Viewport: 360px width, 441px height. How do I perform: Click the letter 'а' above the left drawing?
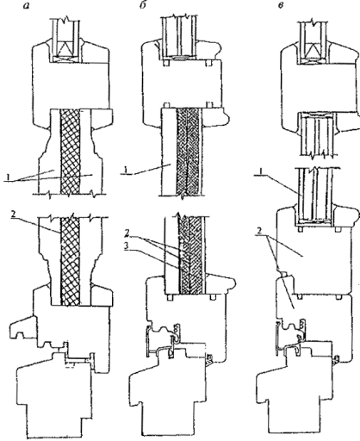[x=27, y=6]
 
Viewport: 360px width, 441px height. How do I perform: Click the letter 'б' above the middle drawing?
[x=142, y=5]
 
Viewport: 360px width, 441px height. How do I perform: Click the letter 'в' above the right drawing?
[x=281, y=6]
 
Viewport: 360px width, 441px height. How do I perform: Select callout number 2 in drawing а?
[x=13, y=214]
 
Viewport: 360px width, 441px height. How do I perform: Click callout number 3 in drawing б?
[x=127, y=247]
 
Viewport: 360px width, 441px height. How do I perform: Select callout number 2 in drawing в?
[x=259, y=232]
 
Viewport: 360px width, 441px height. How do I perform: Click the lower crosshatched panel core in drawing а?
[x=70, y=261]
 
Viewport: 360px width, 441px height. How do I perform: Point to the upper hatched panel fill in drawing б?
[x=189, y=152]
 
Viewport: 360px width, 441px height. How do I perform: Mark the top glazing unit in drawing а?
[x=66, y=40]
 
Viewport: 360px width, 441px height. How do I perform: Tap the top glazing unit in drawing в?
[x=314, y=41]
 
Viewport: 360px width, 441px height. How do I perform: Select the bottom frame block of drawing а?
[x=55, y=398]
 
